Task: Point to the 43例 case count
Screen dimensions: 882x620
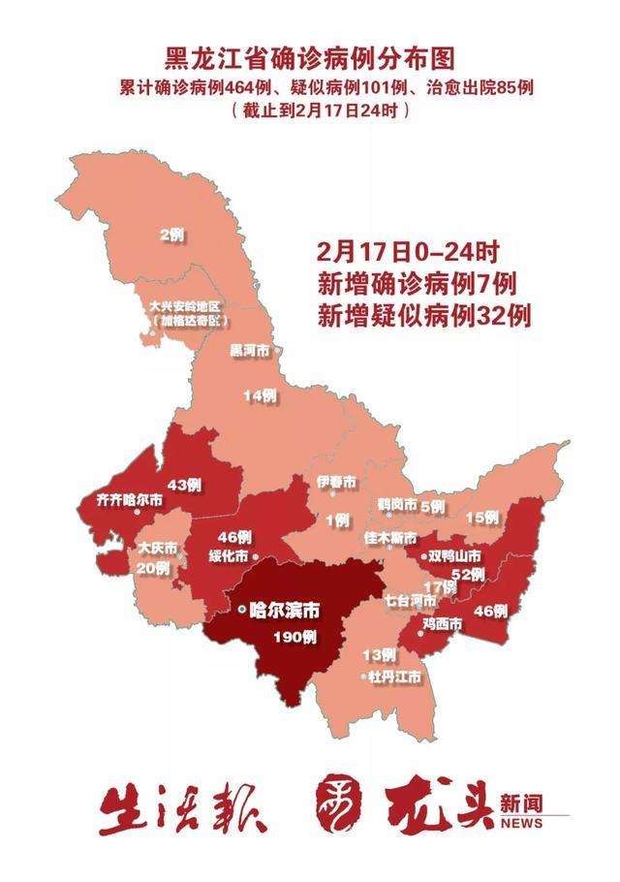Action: [x=184, y=484]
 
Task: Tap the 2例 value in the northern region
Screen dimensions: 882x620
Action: [x=171, y=234]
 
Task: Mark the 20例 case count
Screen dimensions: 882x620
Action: [x=154, y=568]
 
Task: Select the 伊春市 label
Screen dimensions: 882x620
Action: [x=336, y=483]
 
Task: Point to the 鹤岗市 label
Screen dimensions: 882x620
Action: [x=397, y=505]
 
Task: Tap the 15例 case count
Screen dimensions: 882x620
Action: [x=481, y=519]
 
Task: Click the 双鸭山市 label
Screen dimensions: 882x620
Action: [x=456, y=556]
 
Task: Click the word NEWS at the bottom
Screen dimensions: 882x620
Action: [x=522, y=824]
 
